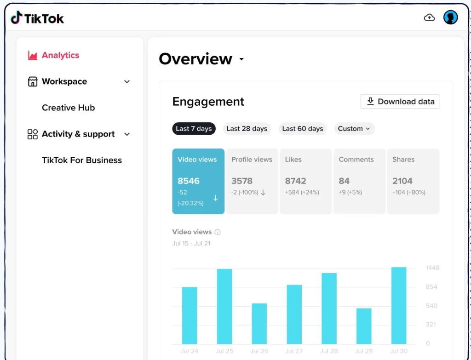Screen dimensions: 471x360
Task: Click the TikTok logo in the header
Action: pyautogui.click(x=37, y=18)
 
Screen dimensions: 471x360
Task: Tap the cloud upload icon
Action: pyautogui.click(x=429, y=18)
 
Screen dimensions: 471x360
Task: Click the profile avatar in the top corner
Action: pyautogui.click(x=450, y=17)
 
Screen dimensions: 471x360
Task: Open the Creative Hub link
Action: pyautogui.click(x=68, y=108)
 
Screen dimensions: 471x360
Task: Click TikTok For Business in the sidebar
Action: pyautogui.click(x=82, y=160)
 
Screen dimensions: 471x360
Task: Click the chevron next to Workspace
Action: pyautogui.click(x=127, y=82)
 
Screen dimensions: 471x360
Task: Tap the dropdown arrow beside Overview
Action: pyautogui.click(x=241, y=59)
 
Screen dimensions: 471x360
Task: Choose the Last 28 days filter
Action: pyautogui.click(x=247, y=129)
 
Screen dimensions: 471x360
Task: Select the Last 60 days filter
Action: pyautogui.click(x=303, y=129)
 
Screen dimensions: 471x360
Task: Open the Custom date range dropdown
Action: pyautogui.click(x=354, y=129)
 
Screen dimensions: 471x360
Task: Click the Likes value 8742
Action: pyautogui.click(x=295, y=181)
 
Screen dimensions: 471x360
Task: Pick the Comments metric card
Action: pyautogui.click(x=359, y=181)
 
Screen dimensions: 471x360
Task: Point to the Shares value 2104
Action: pyautogui.click(x=402, y=181)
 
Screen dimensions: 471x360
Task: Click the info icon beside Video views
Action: pyautogui.click(x=218, y=232)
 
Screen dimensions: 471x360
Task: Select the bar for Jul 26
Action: pyautogui.click(x=259, y=324)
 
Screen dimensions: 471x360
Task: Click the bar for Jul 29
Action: pyautogui.click(x=364, y=326)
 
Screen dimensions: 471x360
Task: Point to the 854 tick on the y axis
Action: pyautogui.click(x=431, y=287)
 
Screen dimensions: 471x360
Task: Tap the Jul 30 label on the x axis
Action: pyautogui.click(x=399, y=351)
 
